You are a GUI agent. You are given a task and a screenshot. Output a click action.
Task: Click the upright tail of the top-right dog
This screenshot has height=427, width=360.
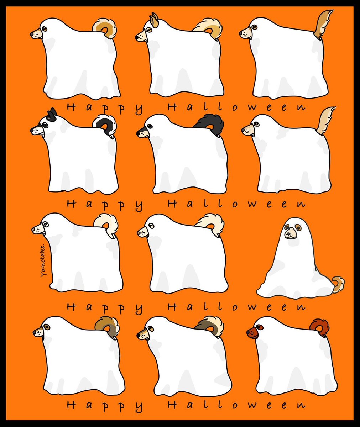pos(324,23)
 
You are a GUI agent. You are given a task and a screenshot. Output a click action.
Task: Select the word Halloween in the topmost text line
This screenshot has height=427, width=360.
pos(236,107)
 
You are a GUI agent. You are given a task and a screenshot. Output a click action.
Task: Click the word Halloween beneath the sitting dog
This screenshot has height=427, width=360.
pos(236,307)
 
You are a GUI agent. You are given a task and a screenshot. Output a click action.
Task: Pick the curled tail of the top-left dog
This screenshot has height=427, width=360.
pos(105,28)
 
